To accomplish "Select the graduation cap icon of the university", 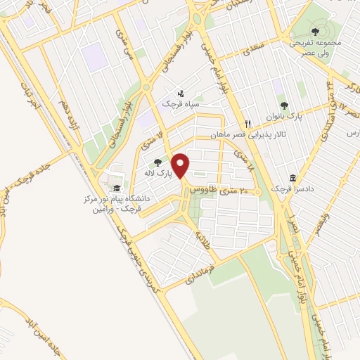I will pyautogui.click(x=116, y=188).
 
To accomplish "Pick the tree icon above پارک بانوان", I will pyautogui.click(x=284, y=105).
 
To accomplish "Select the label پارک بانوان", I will pyautogui.click(x=283, y=116).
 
